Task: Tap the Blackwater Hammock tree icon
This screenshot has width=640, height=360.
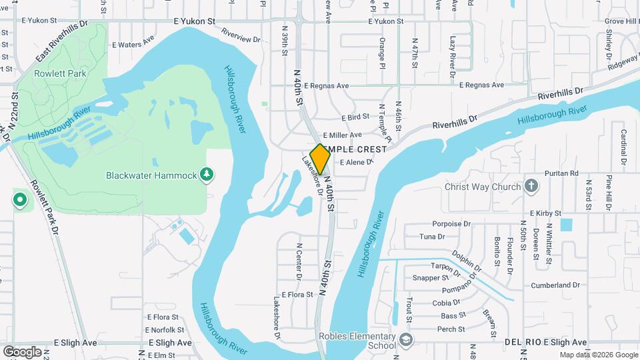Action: tap(207, 175)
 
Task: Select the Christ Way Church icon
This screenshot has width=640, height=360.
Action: tap(531, 185)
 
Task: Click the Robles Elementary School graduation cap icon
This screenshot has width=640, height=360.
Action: tap(405, 341)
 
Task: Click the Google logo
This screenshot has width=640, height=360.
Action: tap(22, 351)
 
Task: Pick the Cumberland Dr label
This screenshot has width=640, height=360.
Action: tap(555, 285)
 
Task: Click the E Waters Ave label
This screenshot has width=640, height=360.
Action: tap(128, 45)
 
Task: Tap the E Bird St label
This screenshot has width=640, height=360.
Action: tap(355, 117)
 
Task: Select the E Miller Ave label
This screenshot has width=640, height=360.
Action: tap(342, 135)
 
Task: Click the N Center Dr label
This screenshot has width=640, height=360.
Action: tap(298, 261)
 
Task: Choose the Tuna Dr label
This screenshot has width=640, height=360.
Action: tap(432, 237)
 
